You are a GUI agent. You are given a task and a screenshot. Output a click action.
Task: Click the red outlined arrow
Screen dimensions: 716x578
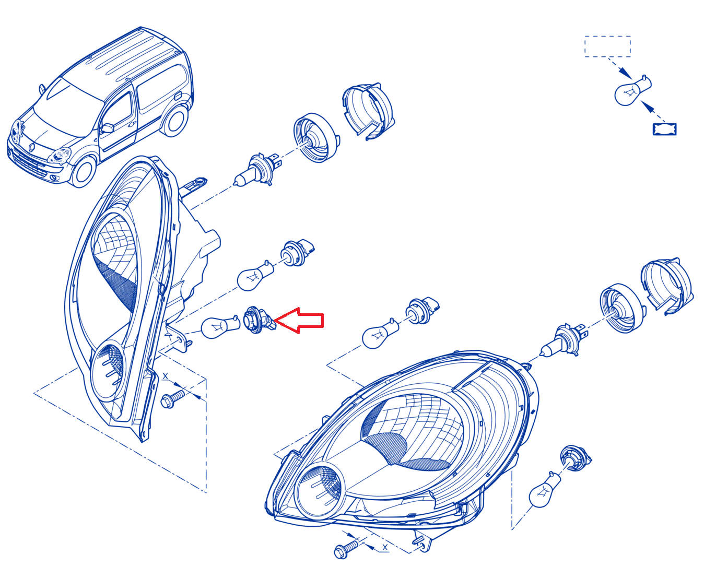point(299,320)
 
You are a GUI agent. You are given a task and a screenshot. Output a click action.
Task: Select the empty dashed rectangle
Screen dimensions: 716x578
point(607,46)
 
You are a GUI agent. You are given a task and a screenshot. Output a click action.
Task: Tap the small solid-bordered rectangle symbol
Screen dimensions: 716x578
point(664,129)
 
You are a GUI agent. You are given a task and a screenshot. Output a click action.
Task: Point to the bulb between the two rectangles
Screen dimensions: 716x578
point(632,90)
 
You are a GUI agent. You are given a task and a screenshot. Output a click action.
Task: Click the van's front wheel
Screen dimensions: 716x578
point(83,172)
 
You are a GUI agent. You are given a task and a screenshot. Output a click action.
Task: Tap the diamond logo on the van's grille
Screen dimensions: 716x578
point(32,147)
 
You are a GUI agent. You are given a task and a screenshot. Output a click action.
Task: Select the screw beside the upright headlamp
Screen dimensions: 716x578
point(173,399)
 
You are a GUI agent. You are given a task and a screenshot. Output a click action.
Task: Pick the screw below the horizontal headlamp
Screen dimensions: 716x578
point(346,550)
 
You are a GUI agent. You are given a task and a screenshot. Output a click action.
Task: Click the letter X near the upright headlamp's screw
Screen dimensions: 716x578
point(165,376)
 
